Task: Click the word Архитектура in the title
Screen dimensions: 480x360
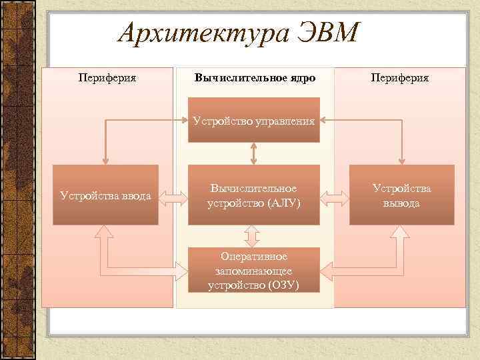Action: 195,33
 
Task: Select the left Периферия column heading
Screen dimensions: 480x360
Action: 107,78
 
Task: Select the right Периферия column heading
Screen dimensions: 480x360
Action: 401,78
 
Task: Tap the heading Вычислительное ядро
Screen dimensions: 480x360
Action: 255,78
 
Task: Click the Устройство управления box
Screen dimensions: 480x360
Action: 254,121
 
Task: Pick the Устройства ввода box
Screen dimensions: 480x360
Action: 106,195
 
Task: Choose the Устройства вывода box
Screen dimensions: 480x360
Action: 401,195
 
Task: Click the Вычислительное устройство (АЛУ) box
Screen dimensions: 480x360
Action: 254,195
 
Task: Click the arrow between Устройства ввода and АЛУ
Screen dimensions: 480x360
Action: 173,196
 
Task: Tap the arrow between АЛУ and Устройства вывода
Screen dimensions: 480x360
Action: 335,196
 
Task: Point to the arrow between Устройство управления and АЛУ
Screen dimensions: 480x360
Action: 254,154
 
